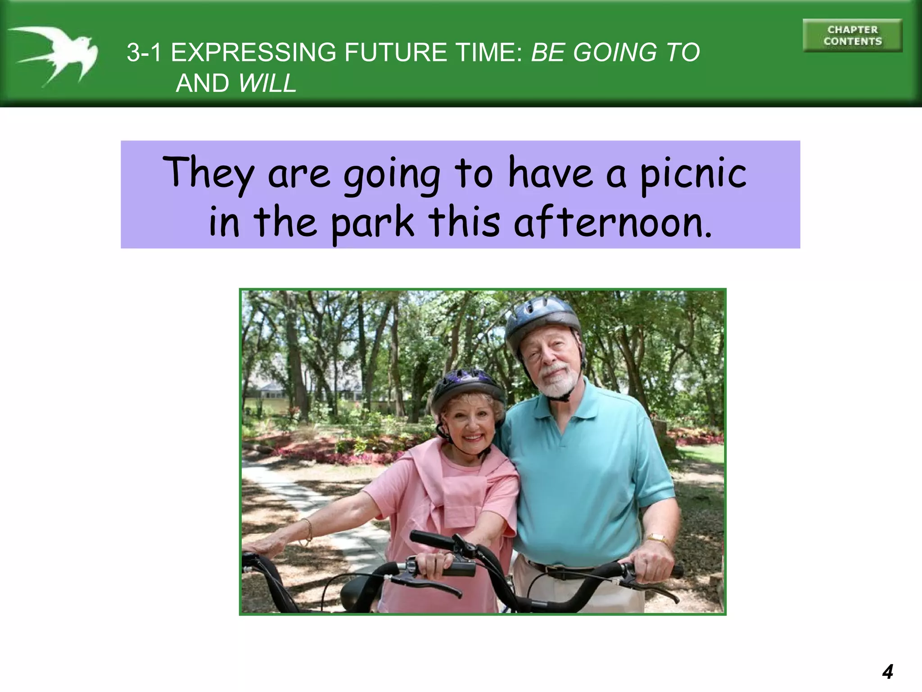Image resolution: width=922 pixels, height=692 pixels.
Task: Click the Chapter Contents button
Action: pyautogui.click(x=852, y=36)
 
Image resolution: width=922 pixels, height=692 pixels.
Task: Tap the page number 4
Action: pyautogui.click(x=887, y=672)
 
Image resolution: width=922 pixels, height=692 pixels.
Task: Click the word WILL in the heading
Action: pyautogui.click(x=267, y=83)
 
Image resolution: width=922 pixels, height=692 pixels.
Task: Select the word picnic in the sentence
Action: pyautogui.click(x=693, y=174)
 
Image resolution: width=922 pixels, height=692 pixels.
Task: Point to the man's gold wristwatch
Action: pyautogui.click(x=658, y=538)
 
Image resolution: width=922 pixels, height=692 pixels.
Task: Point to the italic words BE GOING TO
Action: pyautogui.click(x=615, y=52)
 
